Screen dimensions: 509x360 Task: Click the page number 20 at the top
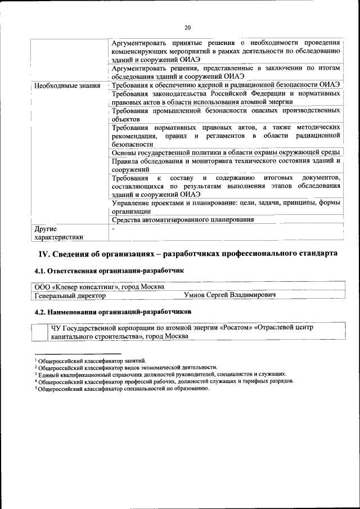click(x=187, y=27)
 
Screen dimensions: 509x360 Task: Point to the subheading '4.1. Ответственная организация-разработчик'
click(x=109, y=271)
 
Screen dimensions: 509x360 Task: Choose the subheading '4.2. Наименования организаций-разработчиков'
click(x=112, y=311)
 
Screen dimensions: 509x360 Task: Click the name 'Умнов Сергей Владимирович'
click(x=229, y=295)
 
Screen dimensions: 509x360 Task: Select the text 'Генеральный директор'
click(x=70, y=295)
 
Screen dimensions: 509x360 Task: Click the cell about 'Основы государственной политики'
click(x=225, y=152)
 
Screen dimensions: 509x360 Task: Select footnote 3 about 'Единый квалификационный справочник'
click(x=161, y=374)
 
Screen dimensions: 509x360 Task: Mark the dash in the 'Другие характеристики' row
click(x=114, y=228)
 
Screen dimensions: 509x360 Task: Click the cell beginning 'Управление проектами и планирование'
click(x=225, y=206)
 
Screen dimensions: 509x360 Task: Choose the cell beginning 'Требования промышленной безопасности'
click(x=225, y=115)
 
